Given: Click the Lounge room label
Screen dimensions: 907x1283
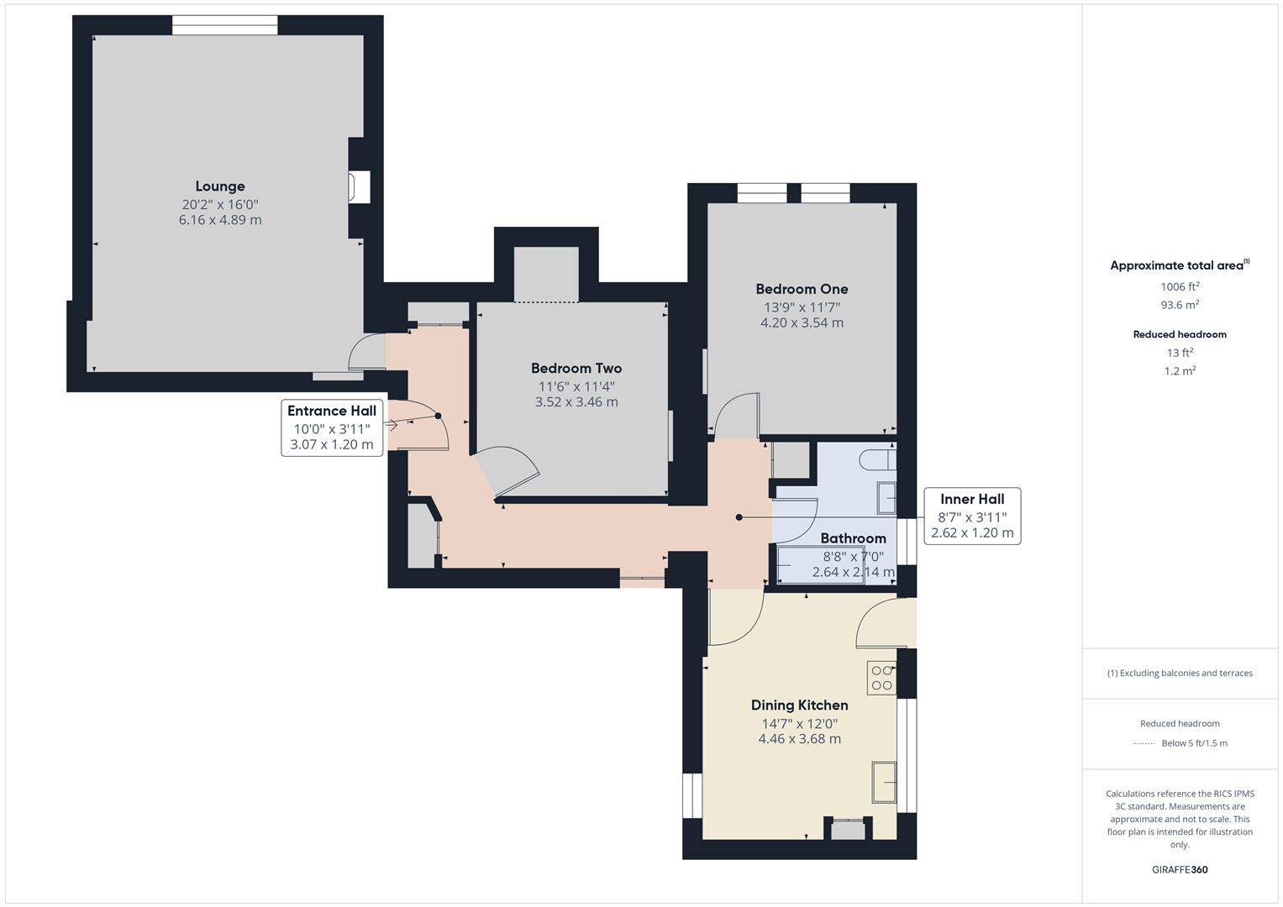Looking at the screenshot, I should click(x=220, y=186).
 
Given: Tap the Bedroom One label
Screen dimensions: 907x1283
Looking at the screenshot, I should click(x=802, y=289).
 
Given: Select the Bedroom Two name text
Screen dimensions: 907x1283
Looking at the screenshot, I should click(x=576, y=368).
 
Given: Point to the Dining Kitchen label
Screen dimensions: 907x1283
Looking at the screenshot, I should click(x=799, y=705).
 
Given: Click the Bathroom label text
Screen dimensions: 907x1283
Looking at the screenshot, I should click(x=853, y=538).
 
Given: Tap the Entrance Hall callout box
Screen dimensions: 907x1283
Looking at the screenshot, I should click(x=332, y=427).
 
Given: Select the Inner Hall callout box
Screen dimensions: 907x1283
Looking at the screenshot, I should click(x=972, y=516).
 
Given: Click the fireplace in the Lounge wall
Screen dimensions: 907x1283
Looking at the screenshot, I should click(x=360, y=186).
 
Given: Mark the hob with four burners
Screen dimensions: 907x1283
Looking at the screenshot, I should click(x=881, y=678).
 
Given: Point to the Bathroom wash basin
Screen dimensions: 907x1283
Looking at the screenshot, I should click(x=886, y=497).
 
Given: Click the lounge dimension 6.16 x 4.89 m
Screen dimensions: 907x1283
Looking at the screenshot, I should click(x=220, y=220).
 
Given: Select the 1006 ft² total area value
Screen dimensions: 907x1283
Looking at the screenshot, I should click(x=1180, y=286).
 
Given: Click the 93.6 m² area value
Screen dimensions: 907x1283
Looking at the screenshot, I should click(x=1180, y=305).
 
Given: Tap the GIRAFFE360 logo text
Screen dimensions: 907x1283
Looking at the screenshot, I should click(x=1180, y=869).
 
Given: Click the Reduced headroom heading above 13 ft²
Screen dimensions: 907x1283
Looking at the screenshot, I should click(x=1180, y=334).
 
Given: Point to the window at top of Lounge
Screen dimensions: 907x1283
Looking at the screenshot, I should click(x=224, y=25).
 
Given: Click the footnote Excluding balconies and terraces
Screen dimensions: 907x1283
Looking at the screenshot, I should click(x=1180, y=673).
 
